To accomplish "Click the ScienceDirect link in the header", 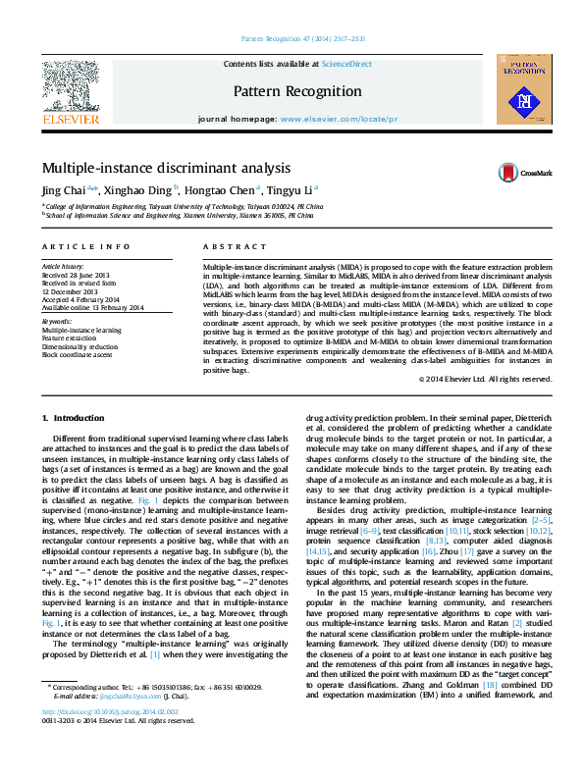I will [x=347, y=64].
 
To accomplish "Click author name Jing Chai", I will [x=64, y=190].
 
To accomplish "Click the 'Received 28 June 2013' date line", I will [x=75, y=276].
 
